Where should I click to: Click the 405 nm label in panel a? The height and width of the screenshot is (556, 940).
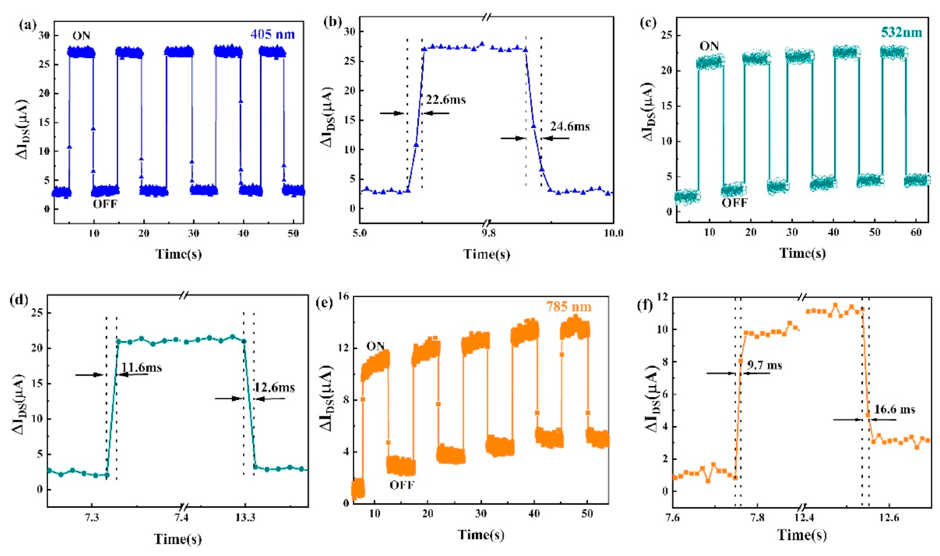[273, 35]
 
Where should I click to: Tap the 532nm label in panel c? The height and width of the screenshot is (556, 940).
[901, 33]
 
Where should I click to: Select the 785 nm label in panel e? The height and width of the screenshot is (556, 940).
[569, 307]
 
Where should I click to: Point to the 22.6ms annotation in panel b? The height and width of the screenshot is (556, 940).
[446, 100]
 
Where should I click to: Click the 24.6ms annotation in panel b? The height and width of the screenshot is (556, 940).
[570, 126]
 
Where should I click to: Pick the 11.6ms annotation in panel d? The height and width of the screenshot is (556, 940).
[142, 367]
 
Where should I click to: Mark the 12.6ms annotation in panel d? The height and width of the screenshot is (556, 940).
[275, 387]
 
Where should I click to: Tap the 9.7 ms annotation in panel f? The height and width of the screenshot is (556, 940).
[764, 365]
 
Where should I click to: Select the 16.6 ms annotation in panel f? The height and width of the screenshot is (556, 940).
[894, 409]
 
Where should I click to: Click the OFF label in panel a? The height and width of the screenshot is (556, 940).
[105, 204]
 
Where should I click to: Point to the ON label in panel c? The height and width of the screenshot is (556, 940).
[709, 46]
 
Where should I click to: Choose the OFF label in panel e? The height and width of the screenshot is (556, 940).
[402, 485]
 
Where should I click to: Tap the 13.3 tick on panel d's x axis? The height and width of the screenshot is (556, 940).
[245, 518]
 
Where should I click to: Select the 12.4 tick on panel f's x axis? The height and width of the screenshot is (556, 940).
[804, 518]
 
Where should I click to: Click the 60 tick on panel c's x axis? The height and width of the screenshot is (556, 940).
[916, 232]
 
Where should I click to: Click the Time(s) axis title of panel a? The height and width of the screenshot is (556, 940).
[179, 254]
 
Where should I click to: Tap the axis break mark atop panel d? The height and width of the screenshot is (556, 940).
[183, 296]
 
